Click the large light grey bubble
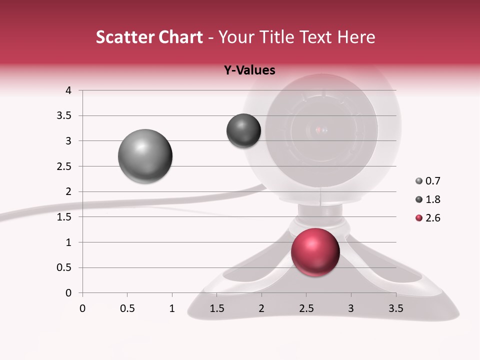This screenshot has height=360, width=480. click(x=145, y=156)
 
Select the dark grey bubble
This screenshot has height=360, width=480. click(x=243, y=131)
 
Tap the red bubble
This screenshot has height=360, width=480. click(x=315, y=251)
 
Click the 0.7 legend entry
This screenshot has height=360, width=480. click(x=428, y=181)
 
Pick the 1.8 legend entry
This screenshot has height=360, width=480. click(x=428, y=199)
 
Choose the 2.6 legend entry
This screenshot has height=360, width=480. click(x=428, y=218)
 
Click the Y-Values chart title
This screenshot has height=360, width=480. click(x=249, y=70)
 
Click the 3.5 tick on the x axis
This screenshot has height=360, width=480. click(x=395, y=308)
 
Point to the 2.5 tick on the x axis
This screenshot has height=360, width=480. click(x=306, y=308)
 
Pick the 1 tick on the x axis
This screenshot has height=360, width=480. click(x=172, y=308)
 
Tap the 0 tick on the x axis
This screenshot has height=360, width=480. click(x=82, y=308)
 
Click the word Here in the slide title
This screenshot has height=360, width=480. click(x=355, y=37)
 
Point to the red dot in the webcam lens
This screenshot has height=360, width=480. click(x=318, y=130)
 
